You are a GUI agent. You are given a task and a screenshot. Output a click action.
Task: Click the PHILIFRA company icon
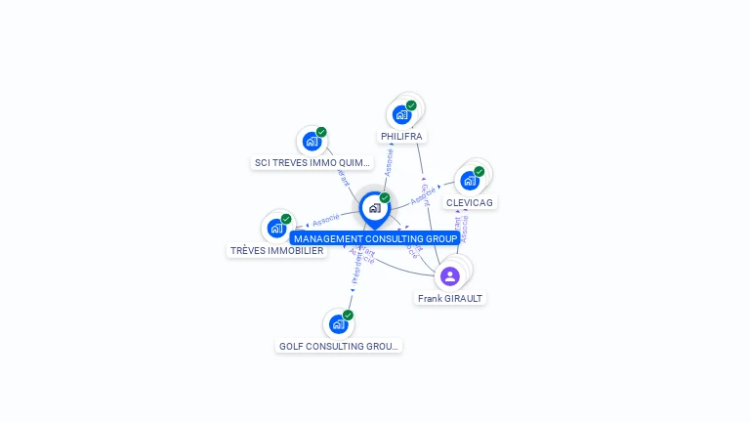(x=401, y=114)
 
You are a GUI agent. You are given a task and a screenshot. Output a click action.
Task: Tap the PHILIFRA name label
(x=402, y=137)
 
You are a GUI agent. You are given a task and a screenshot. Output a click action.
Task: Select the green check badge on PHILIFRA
(x=411, y=105)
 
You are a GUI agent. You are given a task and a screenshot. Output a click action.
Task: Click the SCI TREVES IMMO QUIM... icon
(x=312, y=141)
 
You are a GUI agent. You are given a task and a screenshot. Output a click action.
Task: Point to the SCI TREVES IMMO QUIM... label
(x=312, y=163)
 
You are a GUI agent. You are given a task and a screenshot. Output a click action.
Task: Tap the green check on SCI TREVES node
(x=321, y=132)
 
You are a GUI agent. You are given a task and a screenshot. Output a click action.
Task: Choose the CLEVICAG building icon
(x=470, y=181)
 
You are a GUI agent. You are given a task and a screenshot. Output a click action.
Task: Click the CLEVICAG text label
(x=470, y=202)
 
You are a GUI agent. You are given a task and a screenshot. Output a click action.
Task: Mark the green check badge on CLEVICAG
(x=479, y=172)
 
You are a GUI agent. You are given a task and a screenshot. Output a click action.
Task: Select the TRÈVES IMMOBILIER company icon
(x=276, y=228)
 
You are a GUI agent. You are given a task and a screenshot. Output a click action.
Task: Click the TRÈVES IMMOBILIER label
(x=276, y=251)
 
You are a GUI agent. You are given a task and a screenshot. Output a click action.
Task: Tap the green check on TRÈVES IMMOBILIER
(x=286, y=219)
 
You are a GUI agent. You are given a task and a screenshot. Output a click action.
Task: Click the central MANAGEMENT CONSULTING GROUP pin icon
(x=374, y=207)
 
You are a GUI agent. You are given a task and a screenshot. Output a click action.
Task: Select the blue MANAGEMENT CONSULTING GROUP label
(x=375, y=238)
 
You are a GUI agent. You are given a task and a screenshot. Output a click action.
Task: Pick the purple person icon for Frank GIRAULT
(x=450, y=276)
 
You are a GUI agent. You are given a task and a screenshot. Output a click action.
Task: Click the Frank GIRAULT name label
(x=450, y=298)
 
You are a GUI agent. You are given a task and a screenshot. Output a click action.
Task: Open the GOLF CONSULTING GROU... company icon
(x=338, y=323)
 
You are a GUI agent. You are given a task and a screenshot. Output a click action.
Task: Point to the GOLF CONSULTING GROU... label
(x=339, y=346)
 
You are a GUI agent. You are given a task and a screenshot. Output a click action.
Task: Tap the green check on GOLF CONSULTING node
(x=348, y=315)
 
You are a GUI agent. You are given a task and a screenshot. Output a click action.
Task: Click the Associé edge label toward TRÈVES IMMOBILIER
(x=325, y=220)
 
